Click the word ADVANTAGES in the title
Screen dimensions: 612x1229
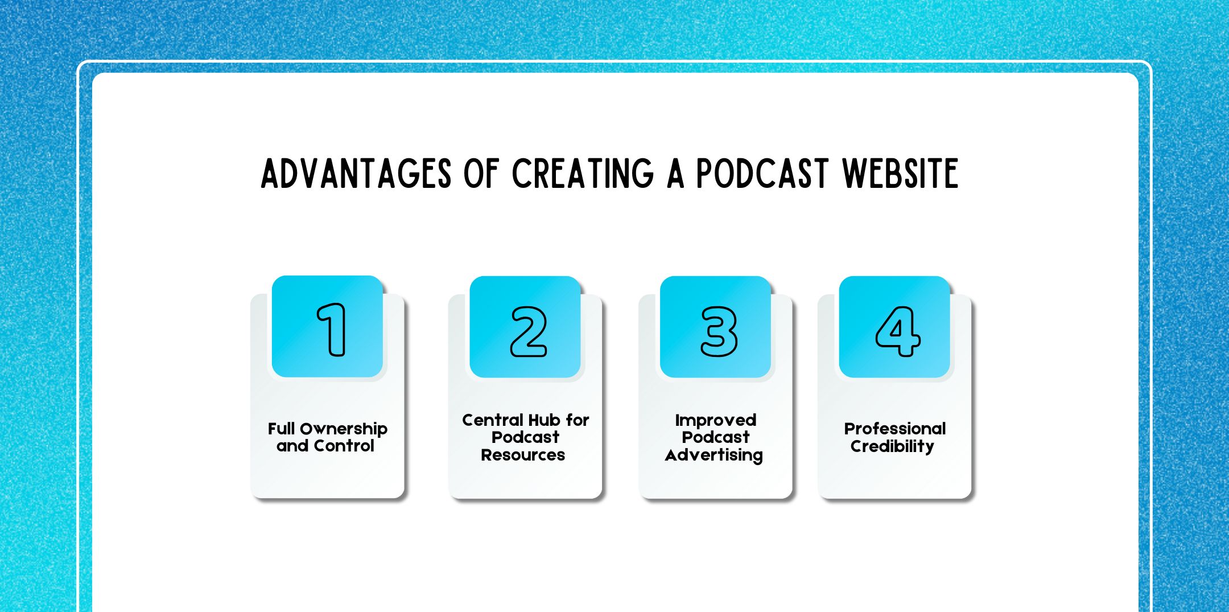(x=356, y=174)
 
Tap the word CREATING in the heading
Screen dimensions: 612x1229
(x=583, y=174)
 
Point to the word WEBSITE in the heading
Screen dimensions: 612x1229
(x=900, y=174)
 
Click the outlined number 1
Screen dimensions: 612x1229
(x=332, y=330)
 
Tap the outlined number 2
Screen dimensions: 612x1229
(x=529, y=332)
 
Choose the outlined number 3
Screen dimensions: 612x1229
(x=719, y=332)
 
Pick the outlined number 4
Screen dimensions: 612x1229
(x=898, y=331)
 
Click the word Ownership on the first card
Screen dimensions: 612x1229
(x=344, y=429)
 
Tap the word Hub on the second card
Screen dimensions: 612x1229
(x=542, y=420)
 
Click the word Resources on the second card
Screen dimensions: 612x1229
(x=523, y=455)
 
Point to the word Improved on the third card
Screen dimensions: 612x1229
(x=715, y=420)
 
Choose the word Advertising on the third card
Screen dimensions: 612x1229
(x=714, y=455)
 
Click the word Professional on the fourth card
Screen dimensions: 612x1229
(x=894, y=429)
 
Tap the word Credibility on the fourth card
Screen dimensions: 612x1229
(x=892, y=446)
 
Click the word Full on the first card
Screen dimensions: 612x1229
(x=281, y=429)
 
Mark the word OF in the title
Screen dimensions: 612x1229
(x=481, y=174)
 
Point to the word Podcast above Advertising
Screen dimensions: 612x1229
(x=715, y=437)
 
